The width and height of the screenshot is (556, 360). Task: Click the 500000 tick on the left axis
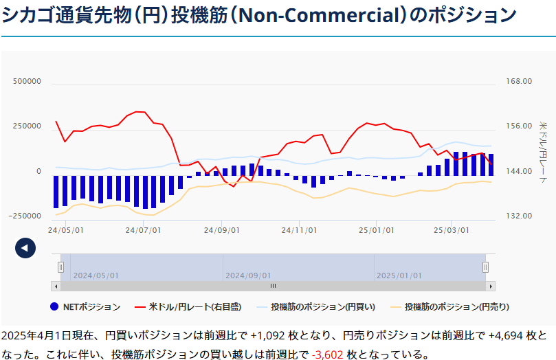[x=27, y=82]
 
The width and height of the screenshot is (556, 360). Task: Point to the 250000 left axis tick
[x=27, y=126]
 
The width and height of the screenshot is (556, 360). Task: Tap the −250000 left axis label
[x=25, y=216]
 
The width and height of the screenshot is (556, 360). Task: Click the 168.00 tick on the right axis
[x=519, y=82]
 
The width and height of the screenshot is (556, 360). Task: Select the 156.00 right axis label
[x=519, y=126]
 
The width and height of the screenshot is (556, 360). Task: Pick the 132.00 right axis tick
[x=519, y=216]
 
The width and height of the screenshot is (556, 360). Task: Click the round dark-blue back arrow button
[x=25, y=248]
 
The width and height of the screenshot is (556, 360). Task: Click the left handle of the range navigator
[x=60, y=267]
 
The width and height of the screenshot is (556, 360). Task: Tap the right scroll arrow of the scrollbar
[x=490, y=286]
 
